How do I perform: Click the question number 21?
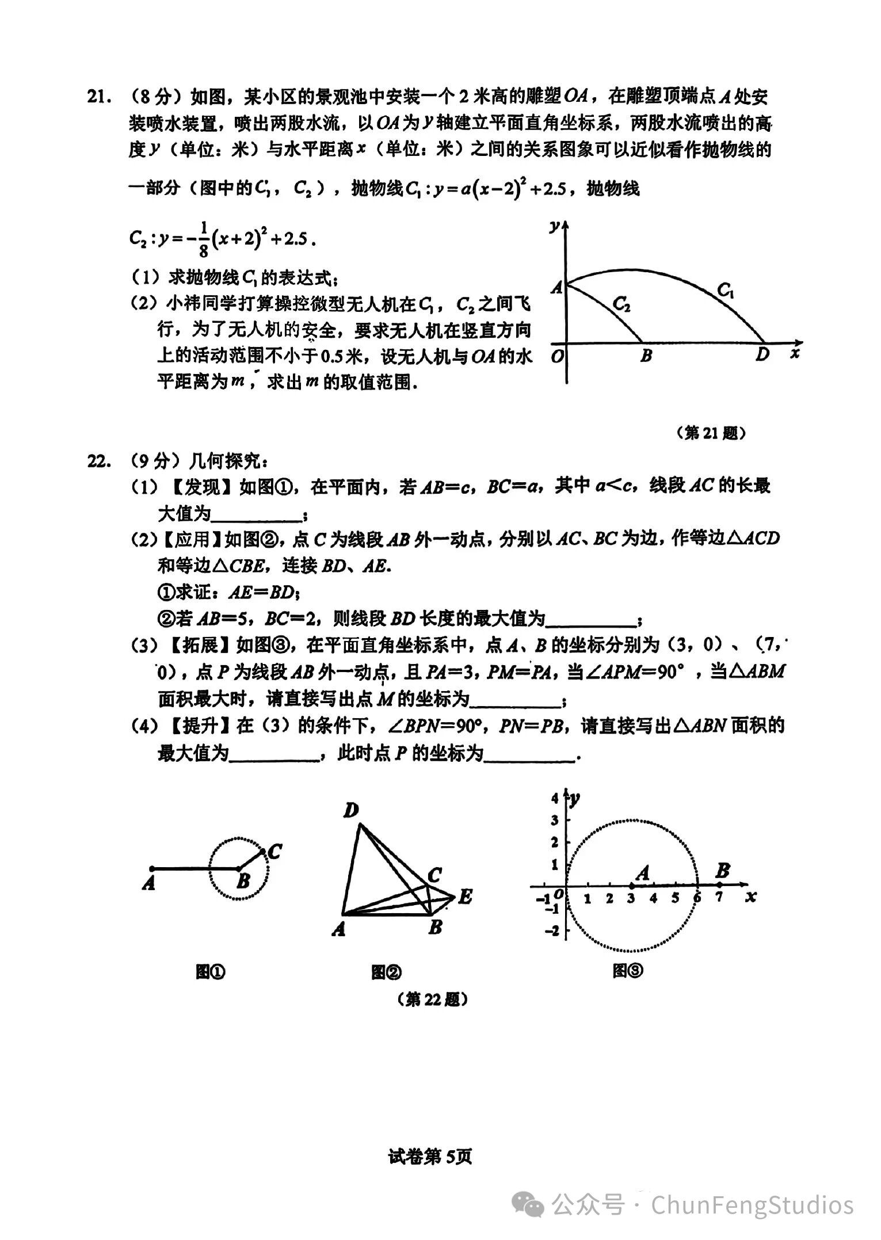[x=98, y=96]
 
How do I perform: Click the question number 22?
[x=98, y=461]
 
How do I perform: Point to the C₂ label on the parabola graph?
[x=621, y=303]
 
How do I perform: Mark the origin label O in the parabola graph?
[x=556, y=357]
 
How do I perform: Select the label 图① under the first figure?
[x=211, y=972]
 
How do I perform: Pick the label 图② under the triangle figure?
[x=386, y=972]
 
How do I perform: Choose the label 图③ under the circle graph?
[x=628, y=971]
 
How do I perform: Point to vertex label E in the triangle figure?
[x=465, y=896]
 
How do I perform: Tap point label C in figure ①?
[x=274, y=851]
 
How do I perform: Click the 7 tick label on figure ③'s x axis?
[x=719, y=897]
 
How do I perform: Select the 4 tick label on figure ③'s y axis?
[x=555, y=798]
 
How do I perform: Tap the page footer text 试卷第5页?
[x=430, y=1157]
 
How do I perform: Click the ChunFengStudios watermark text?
[x=752, y=1205]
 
